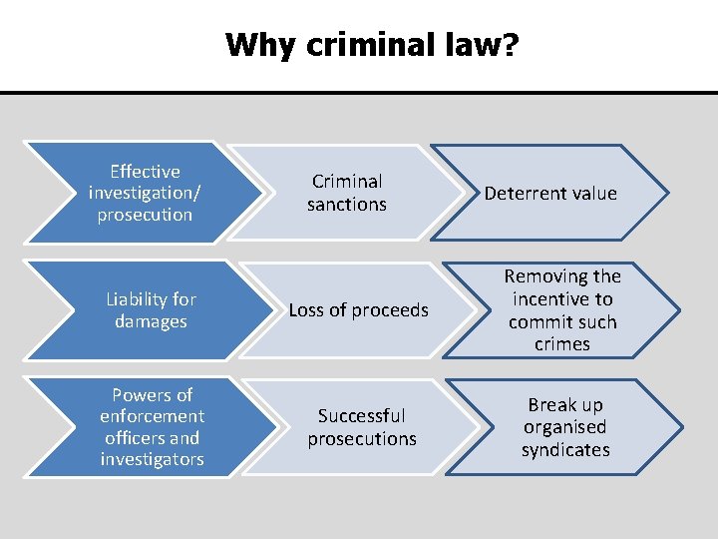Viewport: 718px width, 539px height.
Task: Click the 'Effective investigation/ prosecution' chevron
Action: coord(145,193)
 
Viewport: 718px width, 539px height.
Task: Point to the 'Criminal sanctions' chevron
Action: coord(347,193)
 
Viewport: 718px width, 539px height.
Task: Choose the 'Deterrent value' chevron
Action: coord(550,193)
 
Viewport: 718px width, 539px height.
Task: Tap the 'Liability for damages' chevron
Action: coord(150,310)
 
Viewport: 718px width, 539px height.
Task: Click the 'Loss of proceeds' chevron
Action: coord(358,310)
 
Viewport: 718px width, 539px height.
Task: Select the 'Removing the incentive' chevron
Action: coord(562,310)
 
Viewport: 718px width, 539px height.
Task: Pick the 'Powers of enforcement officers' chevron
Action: coord(152,427)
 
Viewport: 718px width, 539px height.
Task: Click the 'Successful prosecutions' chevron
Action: coord(361,427)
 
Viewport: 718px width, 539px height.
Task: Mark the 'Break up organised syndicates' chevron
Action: coord(565,427)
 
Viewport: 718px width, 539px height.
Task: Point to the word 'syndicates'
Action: coord(565,450)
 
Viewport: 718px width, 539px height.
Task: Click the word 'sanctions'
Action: coord(347,205)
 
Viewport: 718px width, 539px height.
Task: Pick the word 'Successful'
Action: coord(361,416)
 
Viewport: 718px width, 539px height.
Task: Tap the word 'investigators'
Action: coord(152,460)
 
